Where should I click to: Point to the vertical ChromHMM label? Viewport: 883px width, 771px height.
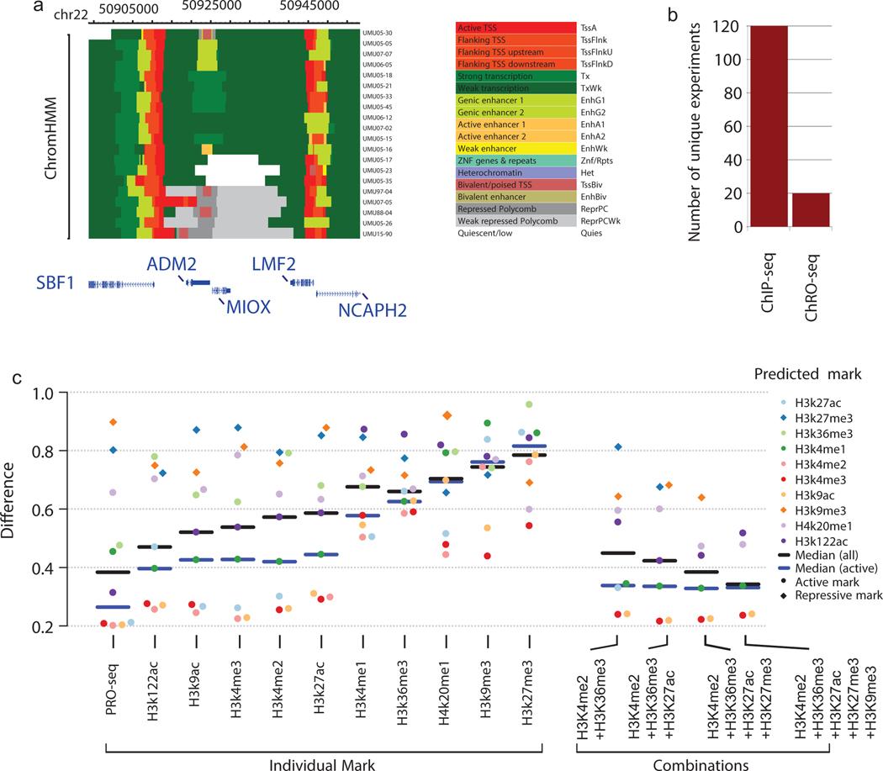(52, 135)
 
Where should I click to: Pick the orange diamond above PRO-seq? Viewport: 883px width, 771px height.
(114, 422)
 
